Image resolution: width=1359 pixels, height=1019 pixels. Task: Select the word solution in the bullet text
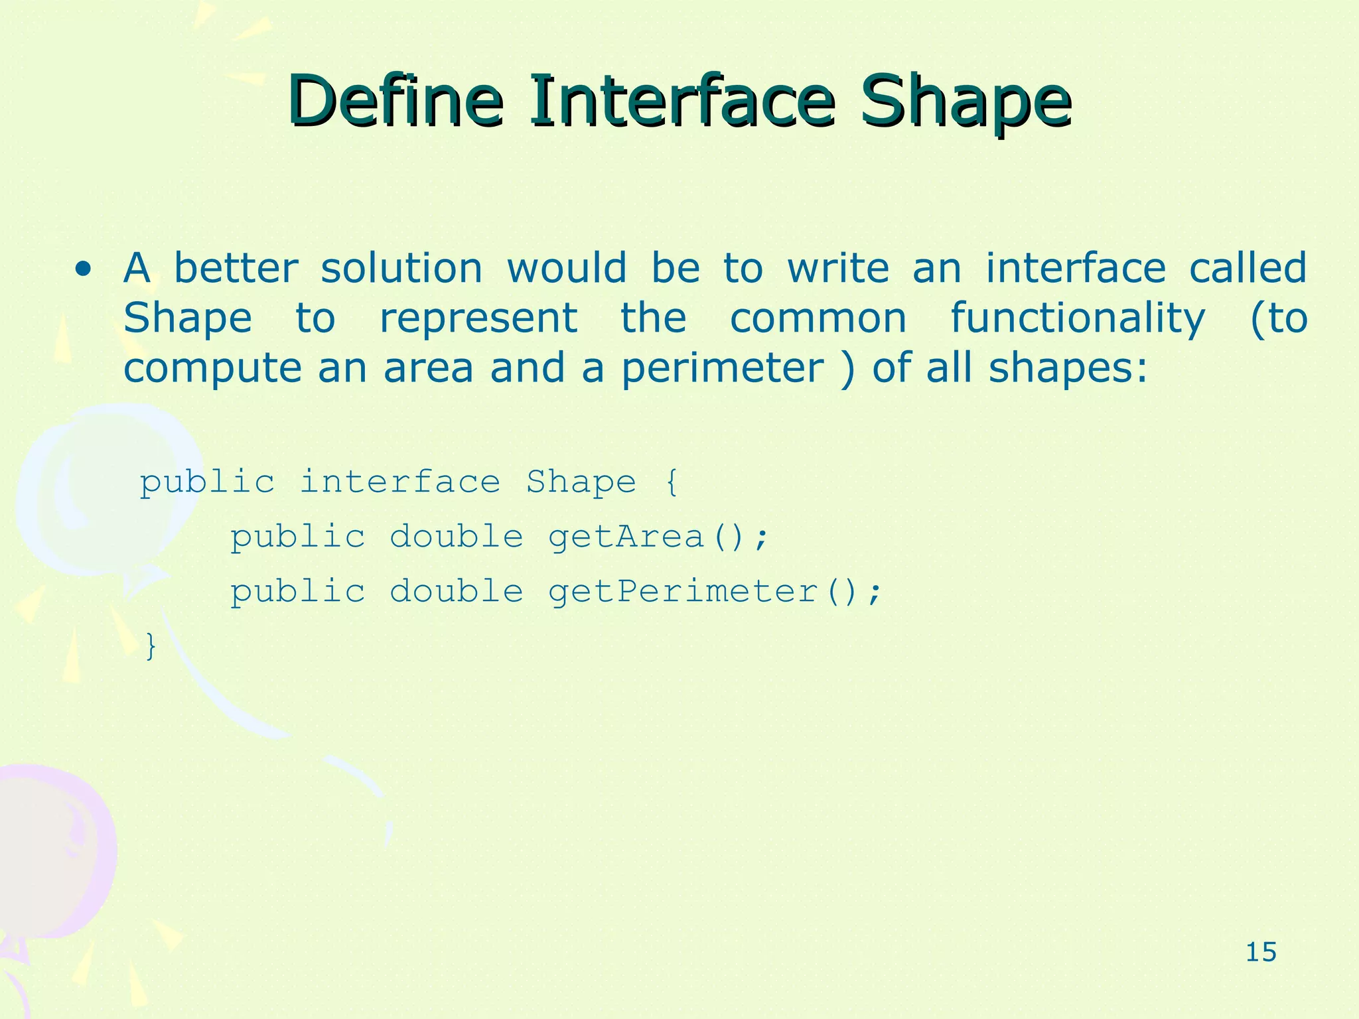[401, 269]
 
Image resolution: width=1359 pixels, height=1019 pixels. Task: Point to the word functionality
[1078, 318]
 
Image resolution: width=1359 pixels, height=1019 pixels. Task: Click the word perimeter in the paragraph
[722, 369]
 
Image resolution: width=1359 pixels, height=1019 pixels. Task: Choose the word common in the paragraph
[818, 318]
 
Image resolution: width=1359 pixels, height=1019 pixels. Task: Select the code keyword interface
[400, 482]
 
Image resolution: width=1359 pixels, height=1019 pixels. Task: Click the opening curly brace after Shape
[672, 482]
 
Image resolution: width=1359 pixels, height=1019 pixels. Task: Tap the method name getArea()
[657, 537]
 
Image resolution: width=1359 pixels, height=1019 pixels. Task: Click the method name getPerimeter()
[714, 592]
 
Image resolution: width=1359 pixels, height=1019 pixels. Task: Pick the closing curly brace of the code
[151, 646]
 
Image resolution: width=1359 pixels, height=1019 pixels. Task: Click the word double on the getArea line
[457, 537]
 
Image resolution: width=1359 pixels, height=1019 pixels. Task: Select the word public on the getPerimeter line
[298, 592]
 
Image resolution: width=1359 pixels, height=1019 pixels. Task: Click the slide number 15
[1261, 953]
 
